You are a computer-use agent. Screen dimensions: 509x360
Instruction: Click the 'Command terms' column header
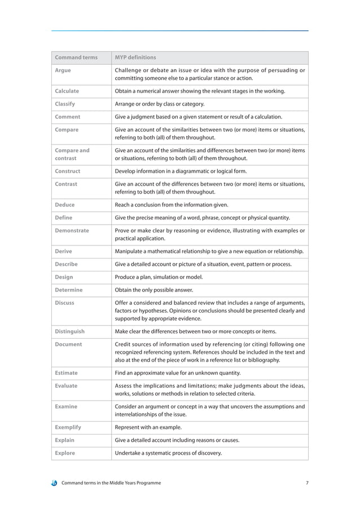point(76,58)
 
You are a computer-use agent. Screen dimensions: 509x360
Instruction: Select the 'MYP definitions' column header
point(135,58)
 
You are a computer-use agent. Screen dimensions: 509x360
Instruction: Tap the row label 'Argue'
point(63,71)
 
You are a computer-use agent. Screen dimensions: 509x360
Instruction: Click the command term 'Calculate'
point(67,91)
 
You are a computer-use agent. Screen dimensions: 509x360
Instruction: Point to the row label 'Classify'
point(65,104)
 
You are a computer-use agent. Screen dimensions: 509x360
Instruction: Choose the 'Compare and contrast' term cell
point(72,154)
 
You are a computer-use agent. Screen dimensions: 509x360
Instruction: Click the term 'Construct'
point(67,171)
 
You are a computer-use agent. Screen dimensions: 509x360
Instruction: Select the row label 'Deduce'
point(64,204)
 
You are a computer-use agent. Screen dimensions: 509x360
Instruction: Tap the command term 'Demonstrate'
point(72,230)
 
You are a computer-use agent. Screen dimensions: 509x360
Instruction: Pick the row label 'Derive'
point(63,251)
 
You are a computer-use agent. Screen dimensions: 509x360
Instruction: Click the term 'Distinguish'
point(70,331)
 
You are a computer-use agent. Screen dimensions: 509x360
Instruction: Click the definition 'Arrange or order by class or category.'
point(160,104)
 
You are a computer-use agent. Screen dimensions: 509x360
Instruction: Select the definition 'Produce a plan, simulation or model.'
point(159,277)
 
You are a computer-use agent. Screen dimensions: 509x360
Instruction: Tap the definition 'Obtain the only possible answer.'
point(154,290)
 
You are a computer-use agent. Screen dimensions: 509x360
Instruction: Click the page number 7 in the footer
point(307,483)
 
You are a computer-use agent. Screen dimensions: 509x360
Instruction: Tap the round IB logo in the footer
point(54,483)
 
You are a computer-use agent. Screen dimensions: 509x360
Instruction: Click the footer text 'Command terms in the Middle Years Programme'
point(111,483)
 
